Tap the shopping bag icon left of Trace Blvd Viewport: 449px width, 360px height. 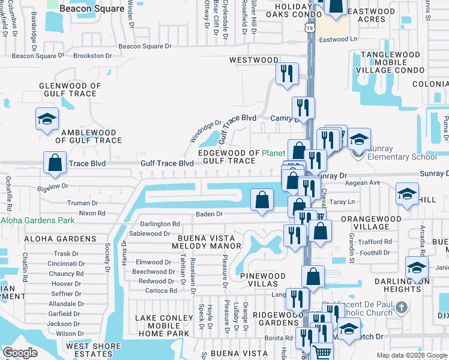55,163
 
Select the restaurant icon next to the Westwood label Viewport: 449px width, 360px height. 287,73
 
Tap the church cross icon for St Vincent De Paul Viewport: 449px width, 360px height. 402,307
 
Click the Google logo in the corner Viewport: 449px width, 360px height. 20,352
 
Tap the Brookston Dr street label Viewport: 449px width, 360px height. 93,56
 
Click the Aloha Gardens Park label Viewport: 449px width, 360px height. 37,220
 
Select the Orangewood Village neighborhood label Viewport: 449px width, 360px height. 373,223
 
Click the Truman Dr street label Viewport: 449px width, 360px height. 83,203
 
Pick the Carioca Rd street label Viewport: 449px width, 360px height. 160,290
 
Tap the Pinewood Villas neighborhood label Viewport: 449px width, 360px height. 262,280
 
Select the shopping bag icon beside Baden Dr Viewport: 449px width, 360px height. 262,200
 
